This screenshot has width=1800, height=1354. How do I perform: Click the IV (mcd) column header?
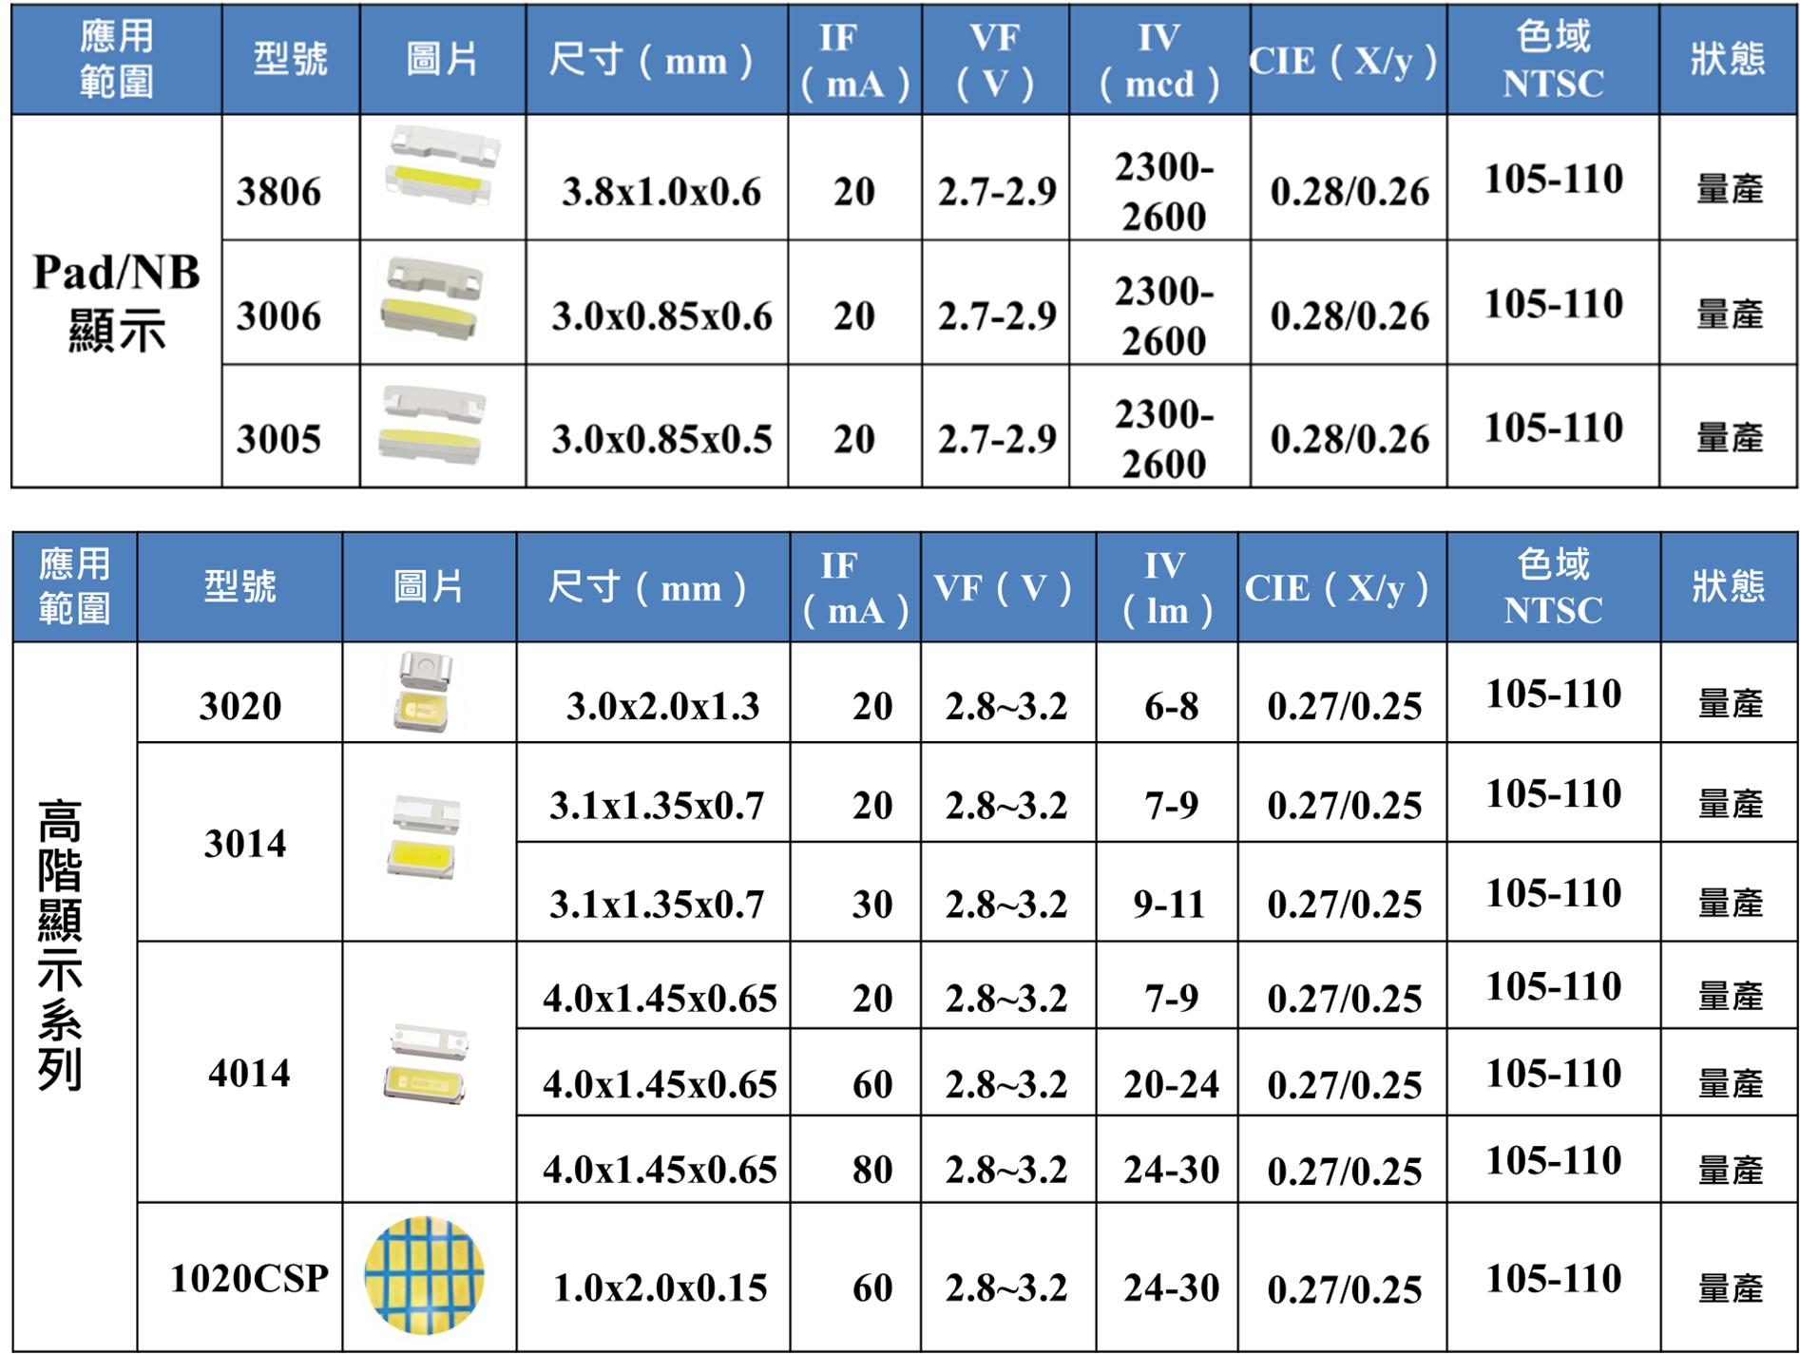pos(1159,60)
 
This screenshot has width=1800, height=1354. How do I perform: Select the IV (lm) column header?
pos(1166,587)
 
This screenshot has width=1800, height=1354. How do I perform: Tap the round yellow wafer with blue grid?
pos(424,1274)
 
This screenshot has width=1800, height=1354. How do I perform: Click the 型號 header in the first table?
pos(291,60)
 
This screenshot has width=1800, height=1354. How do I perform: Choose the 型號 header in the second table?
pos(239,587)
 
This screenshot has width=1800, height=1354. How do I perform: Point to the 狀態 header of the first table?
pos(1727,60)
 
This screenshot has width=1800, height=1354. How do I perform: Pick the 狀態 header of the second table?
pos(1728,587)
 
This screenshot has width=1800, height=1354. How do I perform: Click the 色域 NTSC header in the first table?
pos(1553,60)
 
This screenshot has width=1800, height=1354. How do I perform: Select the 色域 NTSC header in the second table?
pos(1553,587)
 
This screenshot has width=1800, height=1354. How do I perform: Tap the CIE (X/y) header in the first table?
pos(1348,60)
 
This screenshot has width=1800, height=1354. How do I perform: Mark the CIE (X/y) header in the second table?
pos(1341,587)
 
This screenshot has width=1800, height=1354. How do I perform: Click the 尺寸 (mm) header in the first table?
pos(656,60)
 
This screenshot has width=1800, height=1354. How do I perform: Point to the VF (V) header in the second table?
pos(1007,587)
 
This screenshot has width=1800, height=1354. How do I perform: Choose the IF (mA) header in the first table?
pos(854,60)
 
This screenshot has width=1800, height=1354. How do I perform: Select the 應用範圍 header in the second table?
pos(75,587)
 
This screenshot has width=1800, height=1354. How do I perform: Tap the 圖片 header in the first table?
pos(442,60)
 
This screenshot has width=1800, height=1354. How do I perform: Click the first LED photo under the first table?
pos(442,165)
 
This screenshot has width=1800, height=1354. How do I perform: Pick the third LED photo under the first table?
pos(432,425)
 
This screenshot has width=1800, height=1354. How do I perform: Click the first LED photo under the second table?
pos(425,692)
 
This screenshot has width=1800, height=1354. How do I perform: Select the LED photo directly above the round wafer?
pos(425,1064)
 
